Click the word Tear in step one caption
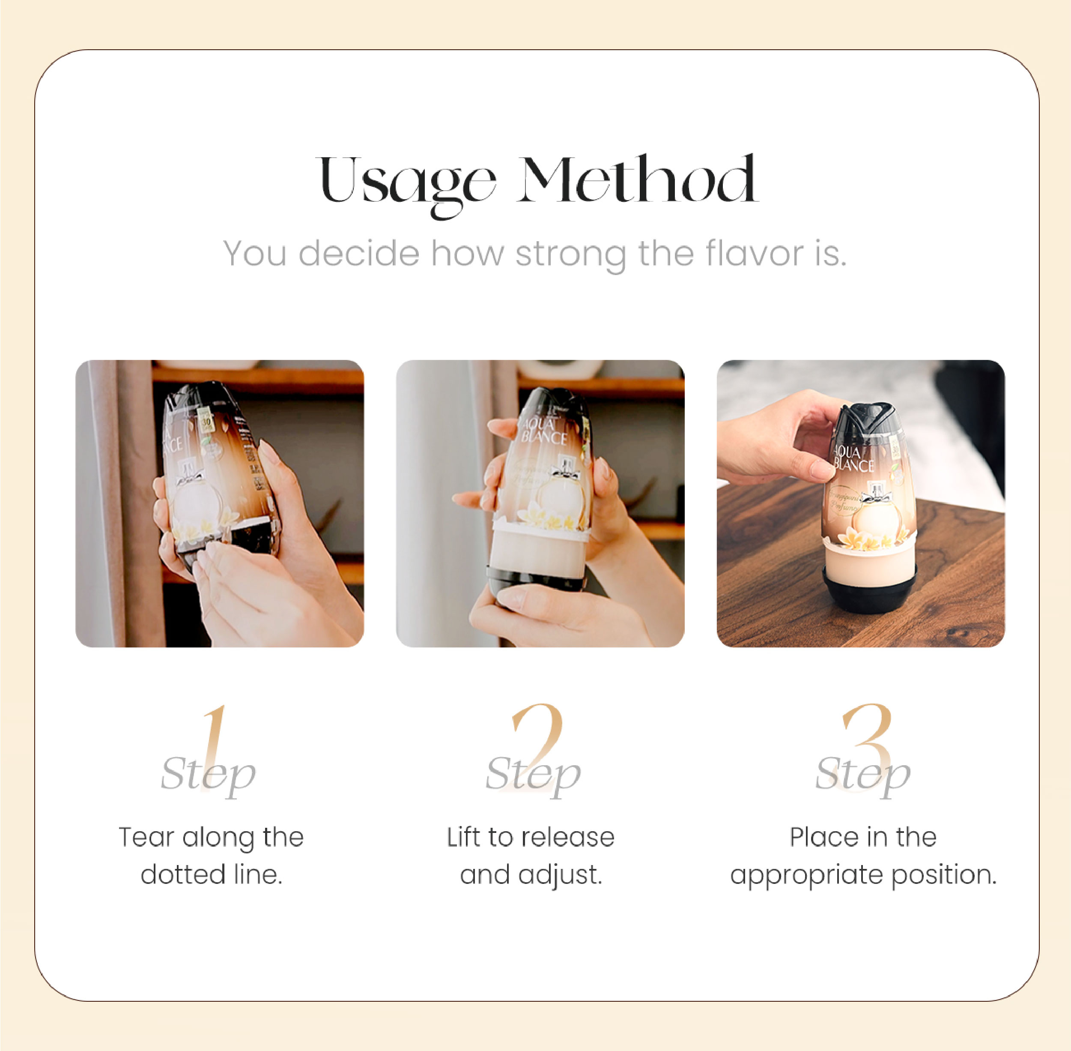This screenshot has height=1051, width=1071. [x=146, y=837]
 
